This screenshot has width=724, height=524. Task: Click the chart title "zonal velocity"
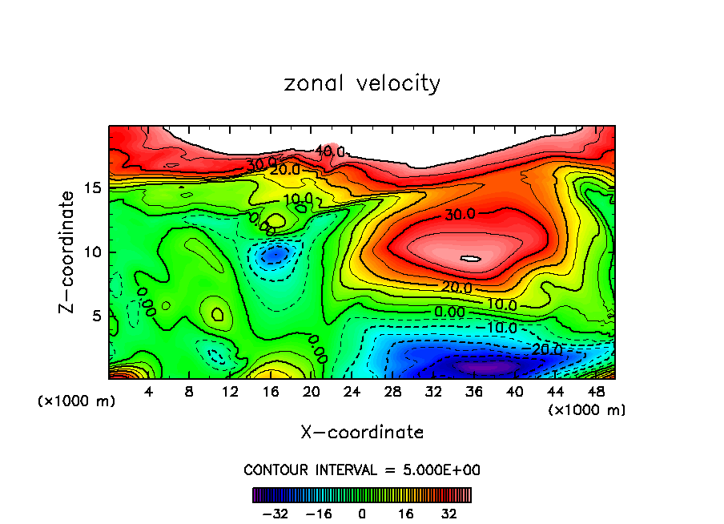click(x=362, y=83)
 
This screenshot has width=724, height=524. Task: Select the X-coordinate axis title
click(x=362, y=433)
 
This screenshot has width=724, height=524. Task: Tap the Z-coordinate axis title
click(x=68, y=252)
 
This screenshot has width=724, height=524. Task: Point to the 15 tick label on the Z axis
click(x=91, y=188)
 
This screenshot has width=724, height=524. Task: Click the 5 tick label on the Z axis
click(x=95, y=316)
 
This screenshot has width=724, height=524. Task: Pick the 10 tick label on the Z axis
click(x=91, y=252)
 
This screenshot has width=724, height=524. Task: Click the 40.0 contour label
click(x=330, y=151)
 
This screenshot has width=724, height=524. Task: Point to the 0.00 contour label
click(x=450, y=311)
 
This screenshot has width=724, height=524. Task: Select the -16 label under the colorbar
click(x=318, y=514)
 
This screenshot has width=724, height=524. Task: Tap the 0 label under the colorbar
click(x=362, y=514)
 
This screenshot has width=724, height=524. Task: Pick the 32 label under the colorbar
click(x=448, y=514)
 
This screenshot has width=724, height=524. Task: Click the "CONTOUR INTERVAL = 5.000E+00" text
click(x=362, y=470)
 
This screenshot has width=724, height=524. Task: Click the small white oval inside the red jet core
click(x=470, y=259)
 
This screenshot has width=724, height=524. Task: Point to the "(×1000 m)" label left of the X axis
click(x=77, y=401)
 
